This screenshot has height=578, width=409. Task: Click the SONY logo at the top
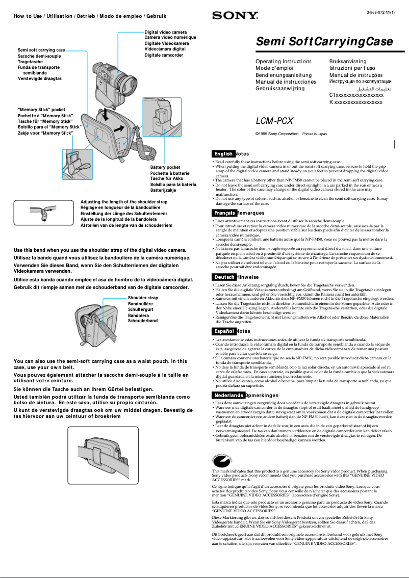[228, 16]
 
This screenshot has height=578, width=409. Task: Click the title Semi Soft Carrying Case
[324, 42]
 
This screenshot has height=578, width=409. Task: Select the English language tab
[223, 153]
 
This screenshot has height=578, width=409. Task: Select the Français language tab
[224, 213]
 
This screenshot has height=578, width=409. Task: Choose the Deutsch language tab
[224, 277]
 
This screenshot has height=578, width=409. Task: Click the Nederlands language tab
[228, 396]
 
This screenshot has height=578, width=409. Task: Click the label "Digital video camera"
[166, 32]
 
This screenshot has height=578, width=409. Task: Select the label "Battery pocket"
[165, 167]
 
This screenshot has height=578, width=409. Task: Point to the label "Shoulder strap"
[143, 298]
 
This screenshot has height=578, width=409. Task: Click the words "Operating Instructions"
[283, 62]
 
